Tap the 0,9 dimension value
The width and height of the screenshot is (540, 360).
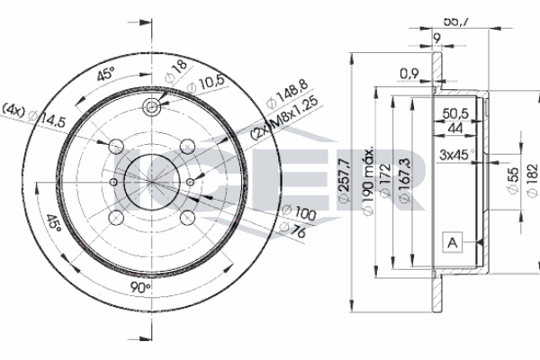point(410,74)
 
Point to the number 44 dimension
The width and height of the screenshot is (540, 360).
point(455,129)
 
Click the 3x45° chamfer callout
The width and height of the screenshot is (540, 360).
point(457,156)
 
